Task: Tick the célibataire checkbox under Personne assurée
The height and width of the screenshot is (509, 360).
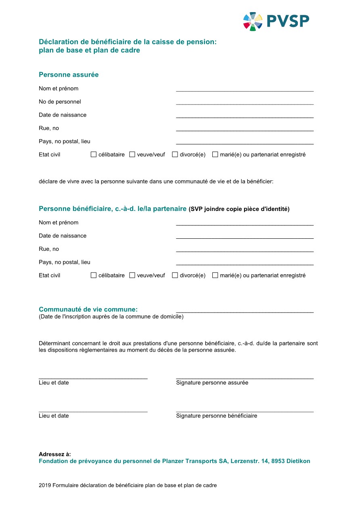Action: (x=94, y=154)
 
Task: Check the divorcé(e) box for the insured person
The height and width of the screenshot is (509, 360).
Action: (x=175, y=154)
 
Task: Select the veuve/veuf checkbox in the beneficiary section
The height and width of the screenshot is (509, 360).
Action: (x=132, y=275)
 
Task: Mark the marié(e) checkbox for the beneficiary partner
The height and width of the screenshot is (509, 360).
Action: (x=215, y=275)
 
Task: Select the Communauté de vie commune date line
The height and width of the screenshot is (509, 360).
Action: (x=245, y=311)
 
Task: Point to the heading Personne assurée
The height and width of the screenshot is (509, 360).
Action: (x=69, y=75)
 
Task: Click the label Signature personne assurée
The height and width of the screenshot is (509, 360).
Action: (x=212, y=383)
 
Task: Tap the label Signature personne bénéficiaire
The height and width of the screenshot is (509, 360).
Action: (x=216, y=416)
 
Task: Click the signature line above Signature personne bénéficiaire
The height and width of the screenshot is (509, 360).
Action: (x=245, y=411)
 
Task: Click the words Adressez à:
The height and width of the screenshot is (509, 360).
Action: (x=55, y=454)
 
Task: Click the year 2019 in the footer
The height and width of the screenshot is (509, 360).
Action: (x=45, y=486)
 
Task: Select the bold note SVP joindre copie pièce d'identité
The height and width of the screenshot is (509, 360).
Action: (x=239, y=209)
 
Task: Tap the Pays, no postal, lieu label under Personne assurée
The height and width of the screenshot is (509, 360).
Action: (x=65, y=142)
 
